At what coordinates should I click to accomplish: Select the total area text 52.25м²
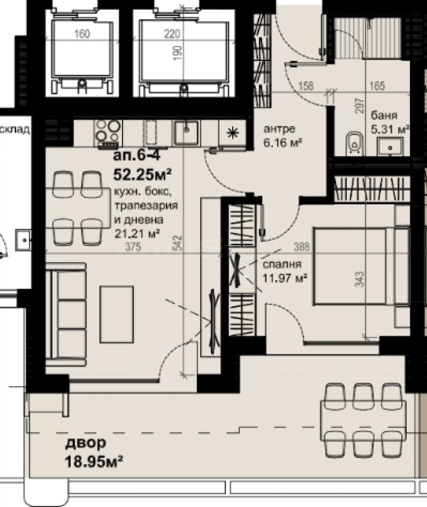pos(141,174)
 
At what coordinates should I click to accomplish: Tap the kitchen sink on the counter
pos(186,132)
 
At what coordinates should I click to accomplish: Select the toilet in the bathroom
pos(353,142)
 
